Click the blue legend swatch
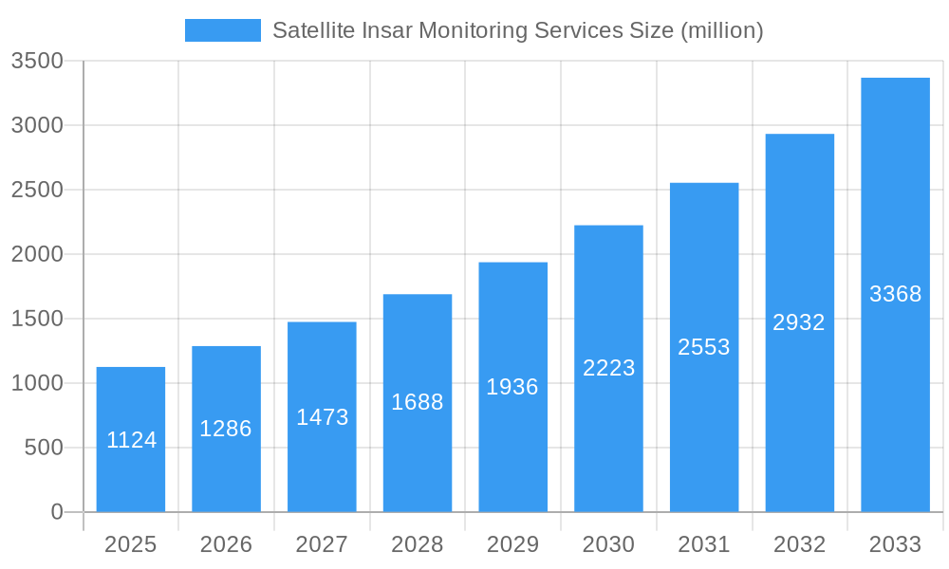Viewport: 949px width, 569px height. [222, 30]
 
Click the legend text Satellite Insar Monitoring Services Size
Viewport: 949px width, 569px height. [517, 30]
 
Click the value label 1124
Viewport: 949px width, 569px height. [131, 440]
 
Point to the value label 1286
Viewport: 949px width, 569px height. [226, 429]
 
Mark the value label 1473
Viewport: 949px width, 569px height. [322, 417]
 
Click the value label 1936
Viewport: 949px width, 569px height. [512, 387]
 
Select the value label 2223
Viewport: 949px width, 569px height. [608, 368]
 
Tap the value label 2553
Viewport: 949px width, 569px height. [704, 347]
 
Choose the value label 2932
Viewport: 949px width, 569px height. [799, 322]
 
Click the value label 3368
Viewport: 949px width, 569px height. [895, 294]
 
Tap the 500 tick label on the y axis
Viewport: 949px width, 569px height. [44, 448]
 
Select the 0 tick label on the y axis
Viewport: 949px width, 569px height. [56, 512]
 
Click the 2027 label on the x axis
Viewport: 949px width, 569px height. [322, 544]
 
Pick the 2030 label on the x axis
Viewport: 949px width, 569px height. [608, 544]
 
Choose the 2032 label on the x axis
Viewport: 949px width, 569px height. [799, 544]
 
